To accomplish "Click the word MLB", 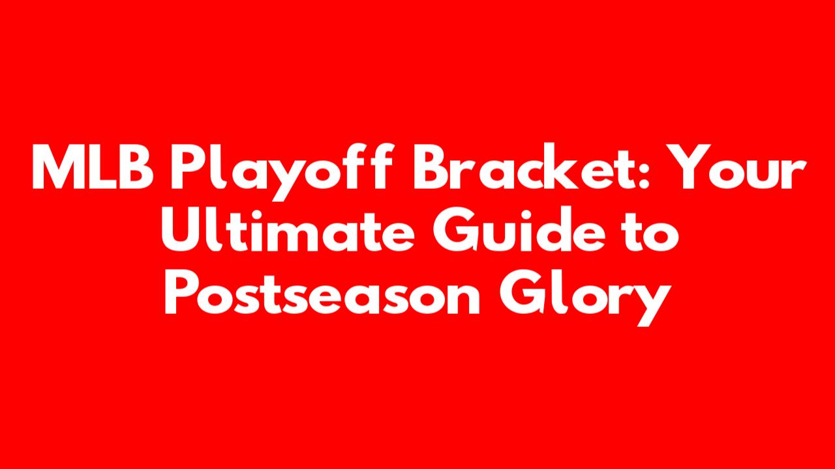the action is [x=93, y=167].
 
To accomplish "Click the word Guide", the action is [x=519, y=229].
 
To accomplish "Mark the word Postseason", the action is [x=322, y=293].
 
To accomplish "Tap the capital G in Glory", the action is [x=521, y=293].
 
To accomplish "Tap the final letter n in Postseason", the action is [x=463, y=299].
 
